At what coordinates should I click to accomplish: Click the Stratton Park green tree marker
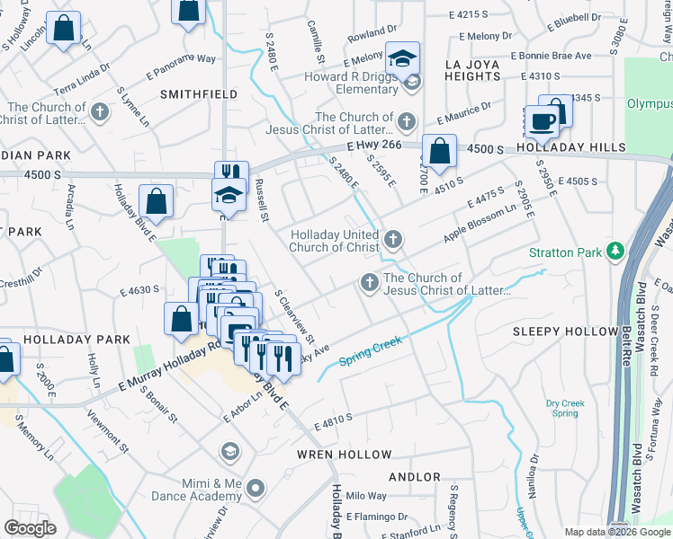(615, 252)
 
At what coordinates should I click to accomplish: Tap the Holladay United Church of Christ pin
(392, 239)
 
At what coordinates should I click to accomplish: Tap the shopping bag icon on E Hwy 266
(439, 152)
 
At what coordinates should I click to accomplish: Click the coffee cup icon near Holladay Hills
(542, 121)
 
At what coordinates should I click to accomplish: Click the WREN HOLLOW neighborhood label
(345, 455)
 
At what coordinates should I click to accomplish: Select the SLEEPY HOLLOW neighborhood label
(565, 331)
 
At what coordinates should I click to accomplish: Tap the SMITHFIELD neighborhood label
(199, 93)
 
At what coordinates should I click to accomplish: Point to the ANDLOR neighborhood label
(415, 477)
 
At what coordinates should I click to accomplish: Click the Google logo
(30, 528)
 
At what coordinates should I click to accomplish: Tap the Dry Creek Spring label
(564, 409)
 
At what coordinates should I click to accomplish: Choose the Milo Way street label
(366, 496)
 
